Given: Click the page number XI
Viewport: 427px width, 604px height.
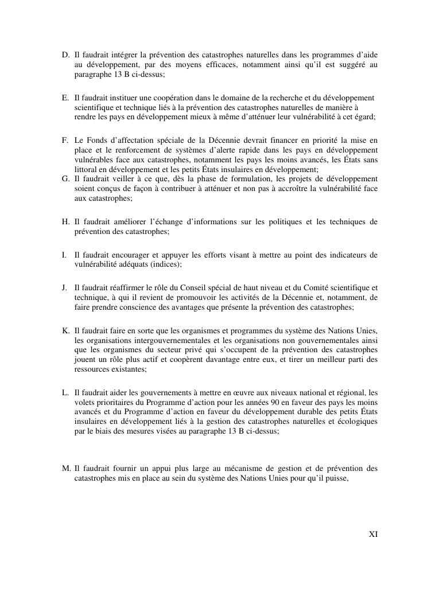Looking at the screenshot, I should (372, 534).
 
